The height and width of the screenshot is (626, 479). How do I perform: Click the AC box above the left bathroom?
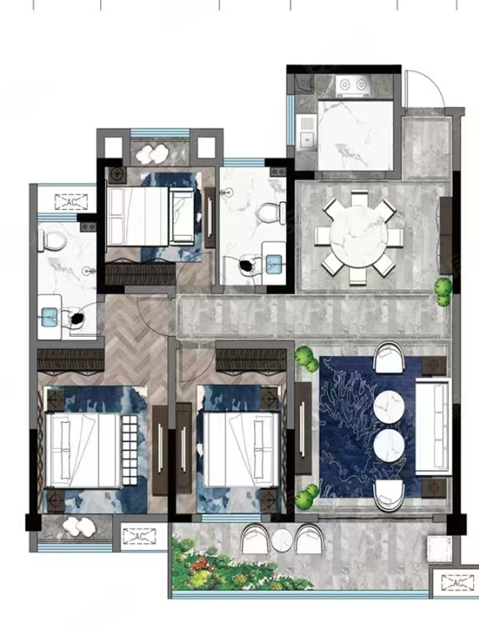tap(71, 202)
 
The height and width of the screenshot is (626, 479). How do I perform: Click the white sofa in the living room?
tap(433, 427)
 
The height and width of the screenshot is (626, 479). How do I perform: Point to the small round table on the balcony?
tap(283, 540)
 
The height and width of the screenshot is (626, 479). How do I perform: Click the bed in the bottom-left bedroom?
tap(83, 450)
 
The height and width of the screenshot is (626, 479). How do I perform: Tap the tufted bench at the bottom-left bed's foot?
tap(129, 450)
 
